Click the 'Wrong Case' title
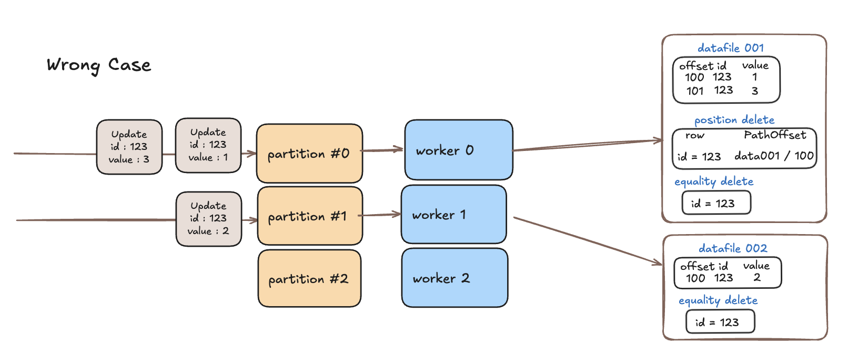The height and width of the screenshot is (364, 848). (99, 65)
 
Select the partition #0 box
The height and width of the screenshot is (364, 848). (309, 153)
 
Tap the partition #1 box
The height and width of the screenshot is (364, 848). (310, 216)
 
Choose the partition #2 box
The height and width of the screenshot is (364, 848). (309, 278)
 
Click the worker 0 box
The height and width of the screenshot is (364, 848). (459, 150)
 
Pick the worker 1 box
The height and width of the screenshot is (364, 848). (454, 215)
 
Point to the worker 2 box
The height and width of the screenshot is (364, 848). (455, 278)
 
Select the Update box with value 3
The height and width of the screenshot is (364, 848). (129, 147)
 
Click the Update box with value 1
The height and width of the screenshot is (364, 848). (208, 145)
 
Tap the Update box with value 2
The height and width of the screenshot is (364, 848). (209, 219)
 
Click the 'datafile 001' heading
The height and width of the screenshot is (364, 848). (731, 48)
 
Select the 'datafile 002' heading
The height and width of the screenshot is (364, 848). (733, 249)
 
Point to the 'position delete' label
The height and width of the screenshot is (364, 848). (734, 120)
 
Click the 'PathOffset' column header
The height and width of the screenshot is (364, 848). (775, 135)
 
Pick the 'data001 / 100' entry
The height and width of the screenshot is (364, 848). (774, 156)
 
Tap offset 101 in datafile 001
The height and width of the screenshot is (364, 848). (695, 91)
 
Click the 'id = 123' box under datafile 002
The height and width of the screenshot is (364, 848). (720, 322)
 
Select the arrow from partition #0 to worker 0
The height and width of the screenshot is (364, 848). (381, 150)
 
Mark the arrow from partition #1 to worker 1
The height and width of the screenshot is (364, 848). (379, 215)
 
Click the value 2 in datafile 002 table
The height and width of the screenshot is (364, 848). (757, 278)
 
